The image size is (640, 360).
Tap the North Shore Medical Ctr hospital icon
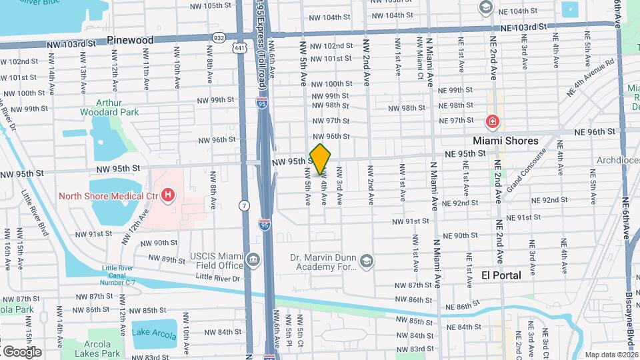168,196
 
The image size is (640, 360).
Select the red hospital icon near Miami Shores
492,122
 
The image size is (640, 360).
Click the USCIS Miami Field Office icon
253,259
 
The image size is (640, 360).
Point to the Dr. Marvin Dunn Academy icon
367,261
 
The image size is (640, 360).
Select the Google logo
22,351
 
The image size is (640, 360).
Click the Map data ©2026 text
611,355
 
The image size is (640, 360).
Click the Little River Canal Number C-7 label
123,273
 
